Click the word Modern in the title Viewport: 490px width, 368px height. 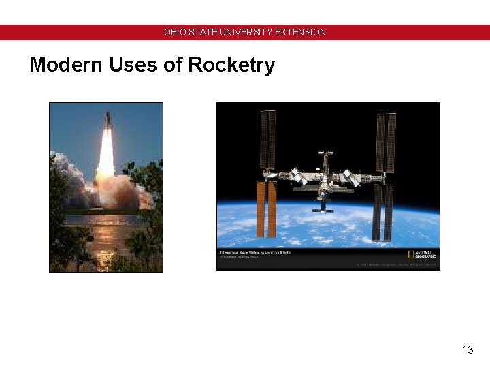65,65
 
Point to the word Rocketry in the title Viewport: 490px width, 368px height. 231,65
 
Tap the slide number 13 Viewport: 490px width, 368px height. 468,350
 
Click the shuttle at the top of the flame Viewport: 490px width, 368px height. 108,122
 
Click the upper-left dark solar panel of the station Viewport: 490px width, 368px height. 267,140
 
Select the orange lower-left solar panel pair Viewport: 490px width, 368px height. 266,209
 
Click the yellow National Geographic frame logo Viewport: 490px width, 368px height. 411,255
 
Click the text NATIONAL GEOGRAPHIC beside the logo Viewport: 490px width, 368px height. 425,255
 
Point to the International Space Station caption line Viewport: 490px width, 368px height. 255,253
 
